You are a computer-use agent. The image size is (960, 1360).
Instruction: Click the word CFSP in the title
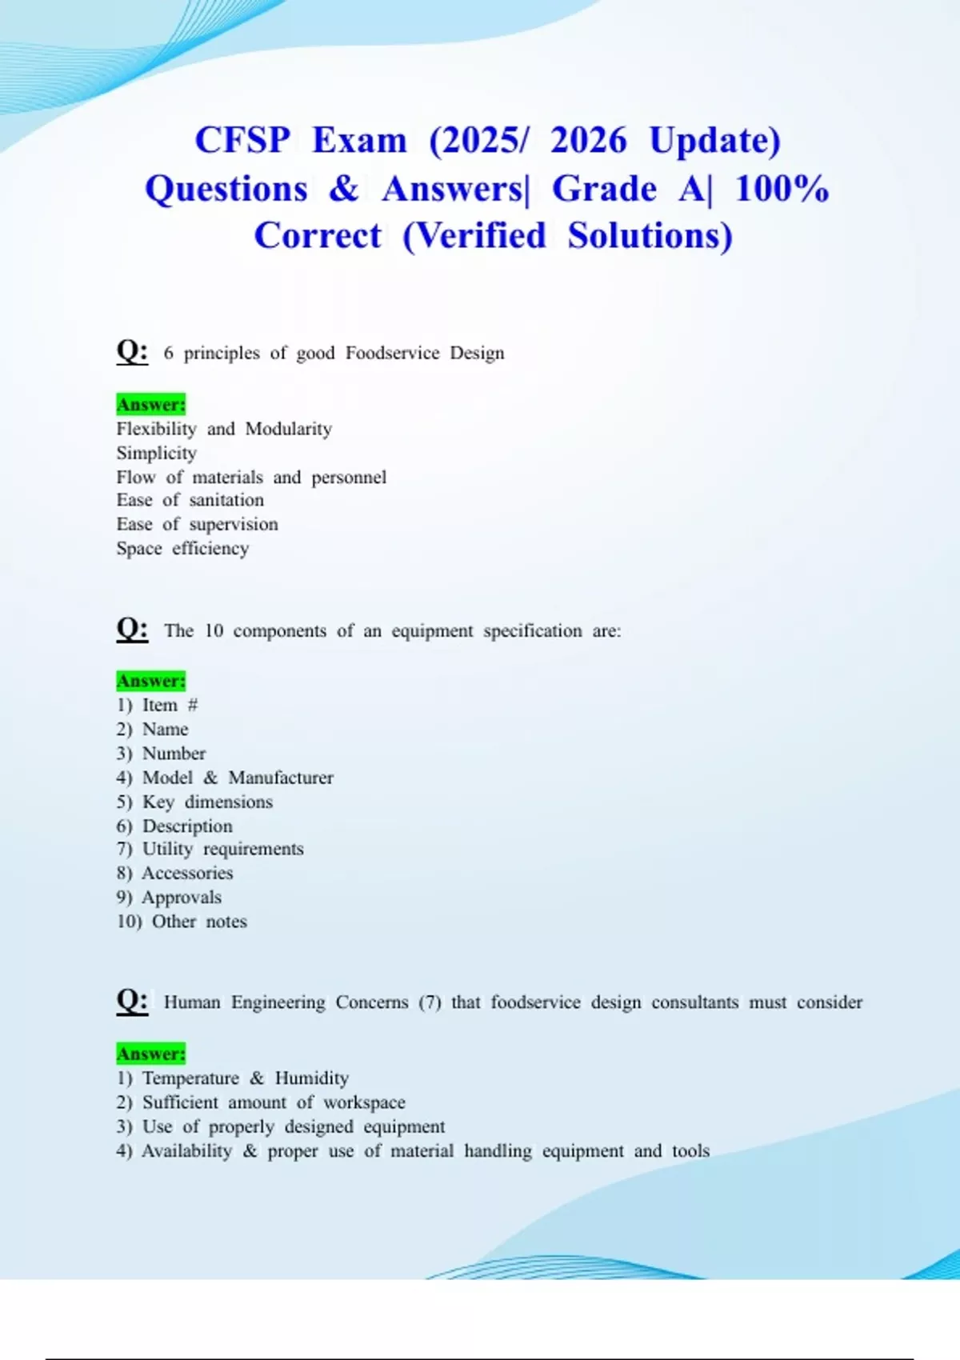pyautogui.click(x=242, y=141)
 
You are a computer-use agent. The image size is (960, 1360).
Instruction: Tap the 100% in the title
pyautogui.click(x=782, y=189)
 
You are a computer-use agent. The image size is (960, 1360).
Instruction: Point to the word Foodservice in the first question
pyautogui.click(x=392, y=353)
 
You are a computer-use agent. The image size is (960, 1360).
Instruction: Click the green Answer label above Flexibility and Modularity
pyautogui.click(x=150, y=404)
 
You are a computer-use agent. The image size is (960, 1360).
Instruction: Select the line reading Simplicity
pyautogui.click(x=157, y=453)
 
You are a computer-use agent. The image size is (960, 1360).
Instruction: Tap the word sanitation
pyautogui.click(x=226, y=500)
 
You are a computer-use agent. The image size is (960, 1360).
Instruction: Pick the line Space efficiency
pyautogui.click(x=182, y=548)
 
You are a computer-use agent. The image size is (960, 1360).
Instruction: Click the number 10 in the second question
pyautogui.click(x=214, y=630)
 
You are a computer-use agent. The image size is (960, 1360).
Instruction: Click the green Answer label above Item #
pyautogui.click(x=150, y=681)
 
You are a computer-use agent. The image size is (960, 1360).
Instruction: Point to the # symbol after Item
pyautogui.click(x=192, y=705)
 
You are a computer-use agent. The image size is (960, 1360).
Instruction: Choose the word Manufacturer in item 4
pyautogui.click(x=281, y=778)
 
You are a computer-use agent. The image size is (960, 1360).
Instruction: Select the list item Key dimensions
pyautogui.click(x=207, y=802)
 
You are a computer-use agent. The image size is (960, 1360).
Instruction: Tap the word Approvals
pyautogui.click(x=182, y=897)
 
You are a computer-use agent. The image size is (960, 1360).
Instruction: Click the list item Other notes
pyautogui.click(x=199, y=921)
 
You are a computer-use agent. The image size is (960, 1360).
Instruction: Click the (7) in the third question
pyautogui.click(x=430, y=1002)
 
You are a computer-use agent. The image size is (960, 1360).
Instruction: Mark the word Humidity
pyautogui.click(x=312, y=1078)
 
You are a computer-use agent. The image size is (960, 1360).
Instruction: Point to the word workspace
pyautogui.click(x=364, y=1102)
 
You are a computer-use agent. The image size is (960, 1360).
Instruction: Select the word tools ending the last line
pyautogui.click(x=691, y=1150)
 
